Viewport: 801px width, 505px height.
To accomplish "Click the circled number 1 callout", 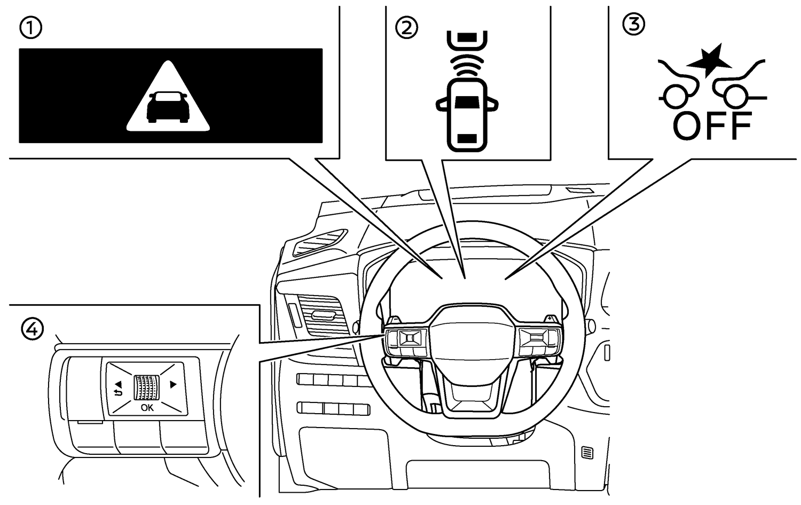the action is pos(30,28).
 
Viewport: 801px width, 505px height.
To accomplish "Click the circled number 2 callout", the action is pos(406,28).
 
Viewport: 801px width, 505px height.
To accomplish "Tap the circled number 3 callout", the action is pos(634,25).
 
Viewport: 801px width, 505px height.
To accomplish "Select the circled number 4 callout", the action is pos(32,329).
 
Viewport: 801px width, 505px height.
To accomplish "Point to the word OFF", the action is pos(712,126).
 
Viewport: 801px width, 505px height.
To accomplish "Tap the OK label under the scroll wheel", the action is pos(147,408).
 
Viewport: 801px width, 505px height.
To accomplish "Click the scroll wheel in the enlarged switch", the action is pos(147,387).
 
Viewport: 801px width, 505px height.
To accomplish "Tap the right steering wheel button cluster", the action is pos(538,342).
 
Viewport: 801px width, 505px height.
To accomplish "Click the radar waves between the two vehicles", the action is pos(467,65).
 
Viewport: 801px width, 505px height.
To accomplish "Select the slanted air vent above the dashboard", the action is pos(319,243).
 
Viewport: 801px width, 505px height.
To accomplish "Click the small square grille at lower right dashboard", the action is pos(587,453).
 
